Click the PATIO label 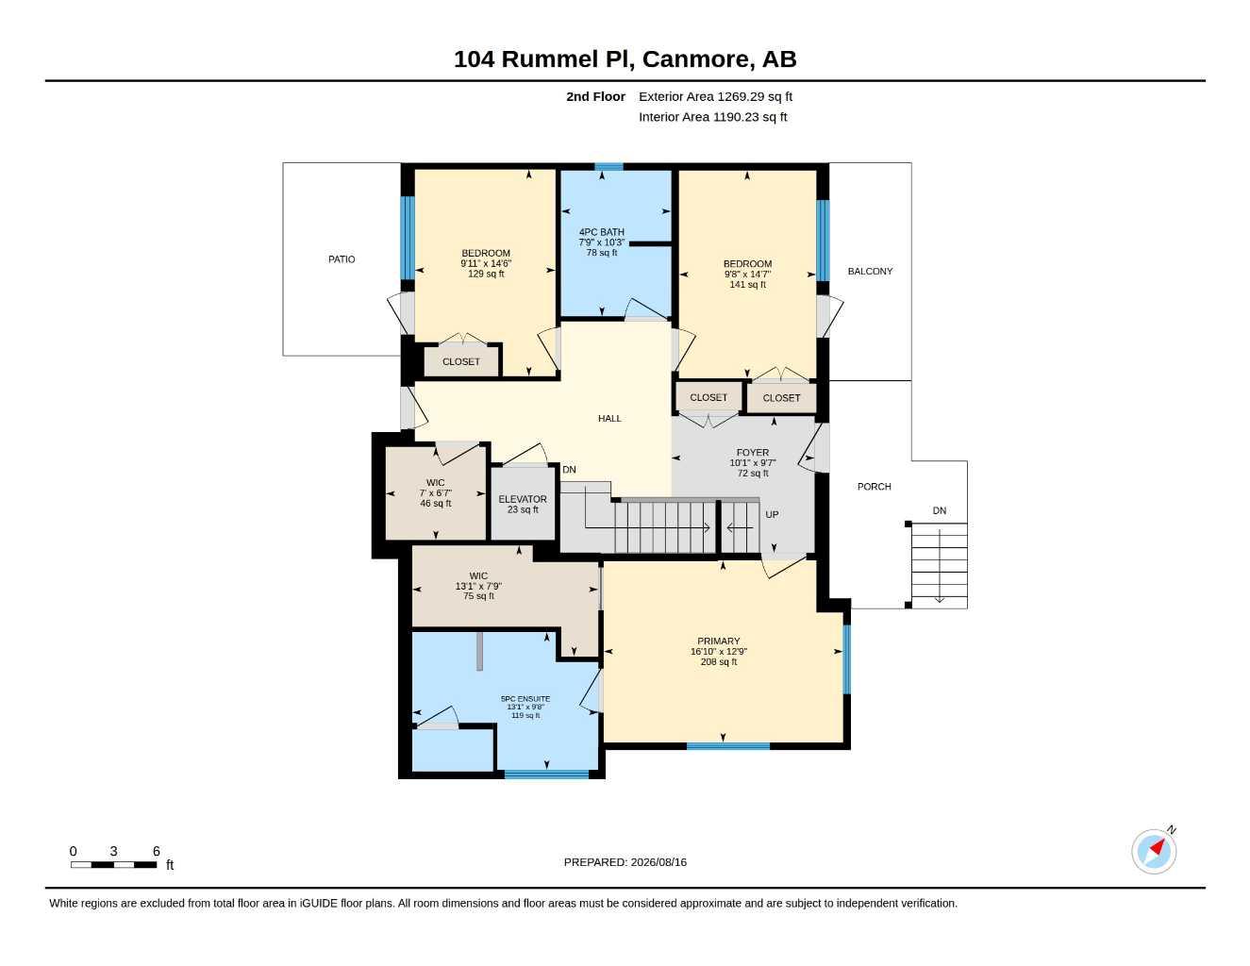pyautogui.click(x=342, y=259)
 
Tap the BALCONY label pyautogui.click(x=870, y=271)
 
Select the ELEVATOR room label pyautogui.click(x=523, y=499)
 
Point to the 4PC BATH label pyautogui.click(x=601, y=232)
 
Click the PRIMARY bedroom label pyautogui.click(x=718, y=641)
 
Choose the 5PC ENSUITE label pyautogui.click(x=525, y=699)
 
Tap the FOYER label pyautogui.click(x=753, y=453)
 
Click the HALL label pyautogui.click(x=609, y=419)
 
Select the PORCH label pyautogui.click(x=874, y=487)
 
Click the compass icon pyautogui.click(x=1154, y=851)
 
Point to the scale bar pyautogui.click(x=114, y=864)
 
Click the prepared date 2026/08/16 pyautogui.click(x=658, y=862)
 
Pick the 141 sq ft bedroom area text pyautogui.click(x=747, y=284)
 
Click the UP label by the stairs pyautogui.click(x=772, y=514)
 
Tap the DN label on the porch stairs pyautogui.click(x=939, y=510)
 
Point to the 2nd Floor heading pyautogui.click(x=595, y=96)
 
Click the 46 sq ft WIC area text pyautogui.click(x=436, y=503)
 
